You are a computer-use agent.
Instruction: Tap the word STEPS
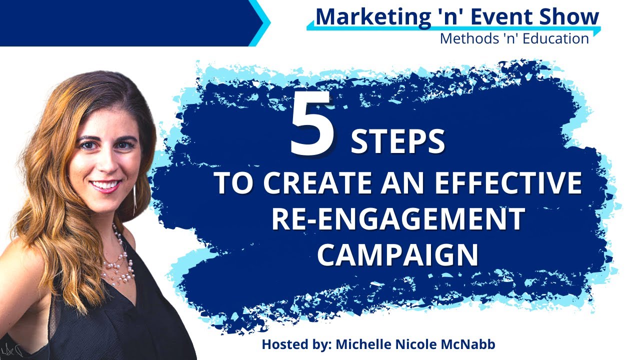click(x=397, y=142)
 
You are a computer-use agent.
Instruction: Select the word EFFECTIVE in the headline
click(x=508, y=183)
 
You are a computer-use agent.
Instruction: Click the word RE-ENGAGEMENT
click(x=398, y=219)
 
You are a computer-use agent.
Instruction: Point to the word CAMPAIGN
click(x=398, y=254)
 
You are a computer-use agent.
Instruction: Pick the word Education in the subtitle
click(x=555, y=38)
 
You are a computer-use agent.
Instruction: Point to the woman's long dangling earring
click(x=134, y=197)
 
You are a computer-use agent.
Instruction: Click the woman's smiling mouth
click(x=104, y=186)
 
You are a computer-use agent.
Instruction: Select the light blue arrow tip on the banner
click(x=264, y=22)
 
